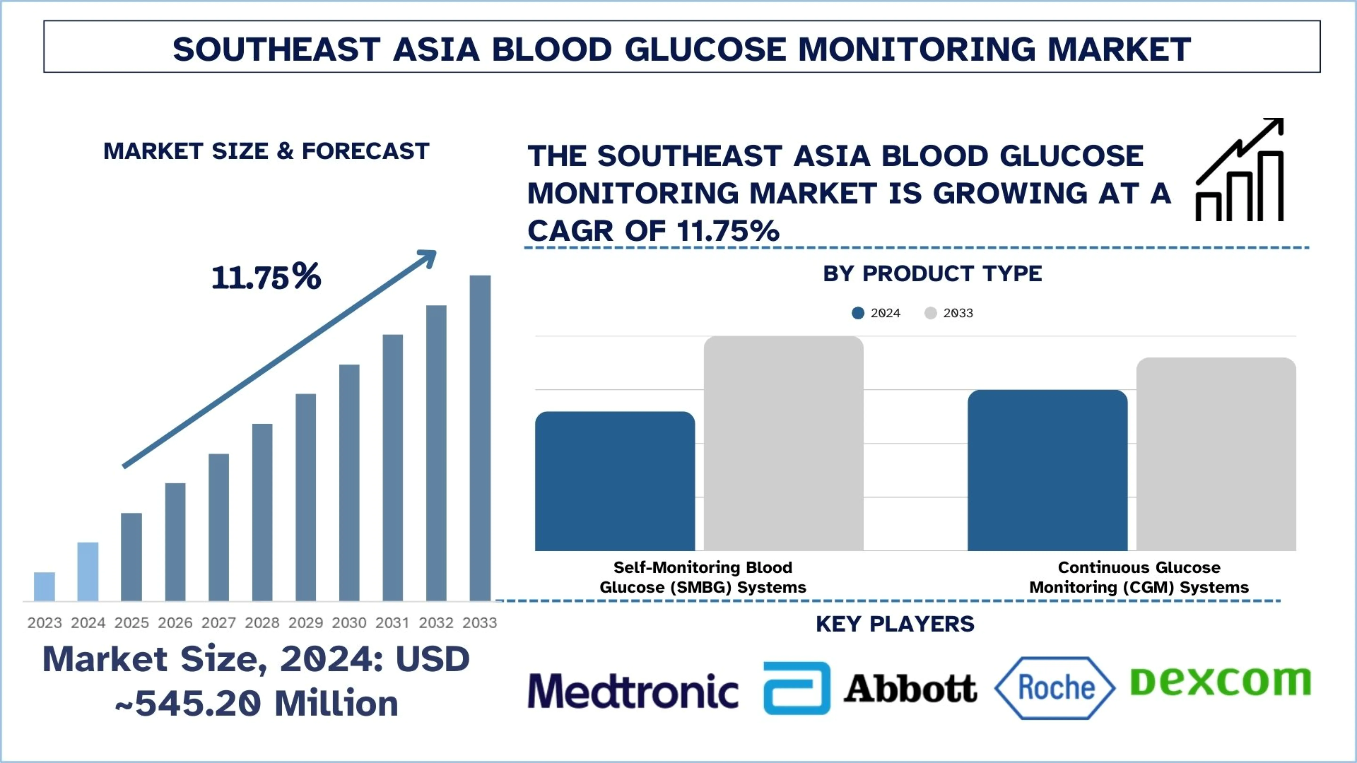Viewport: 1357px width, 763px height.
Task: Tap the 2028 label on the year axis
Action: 262,623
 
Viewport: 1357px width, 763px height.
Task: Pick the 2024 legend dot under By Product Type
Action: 858,313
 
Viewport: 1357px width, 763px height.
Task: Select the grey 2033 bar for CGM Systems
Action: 1216,454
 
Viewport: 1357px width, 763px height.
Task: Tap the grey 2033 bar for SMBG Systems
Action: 783,443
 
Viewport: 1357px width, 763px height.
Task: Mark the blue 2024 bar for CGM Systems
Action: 1047,470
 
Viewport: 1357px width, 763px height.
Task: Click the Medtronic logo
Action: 633,690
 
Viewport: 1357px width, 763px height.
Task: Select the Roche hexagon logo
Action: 1055,688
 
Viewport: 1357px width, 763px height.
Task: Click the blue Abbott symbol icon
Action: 797,688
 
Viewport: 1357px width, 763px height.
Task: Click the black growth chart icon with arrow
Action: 1239,170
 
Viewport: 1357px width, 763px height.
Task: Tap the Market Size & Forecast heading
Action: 266,152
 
